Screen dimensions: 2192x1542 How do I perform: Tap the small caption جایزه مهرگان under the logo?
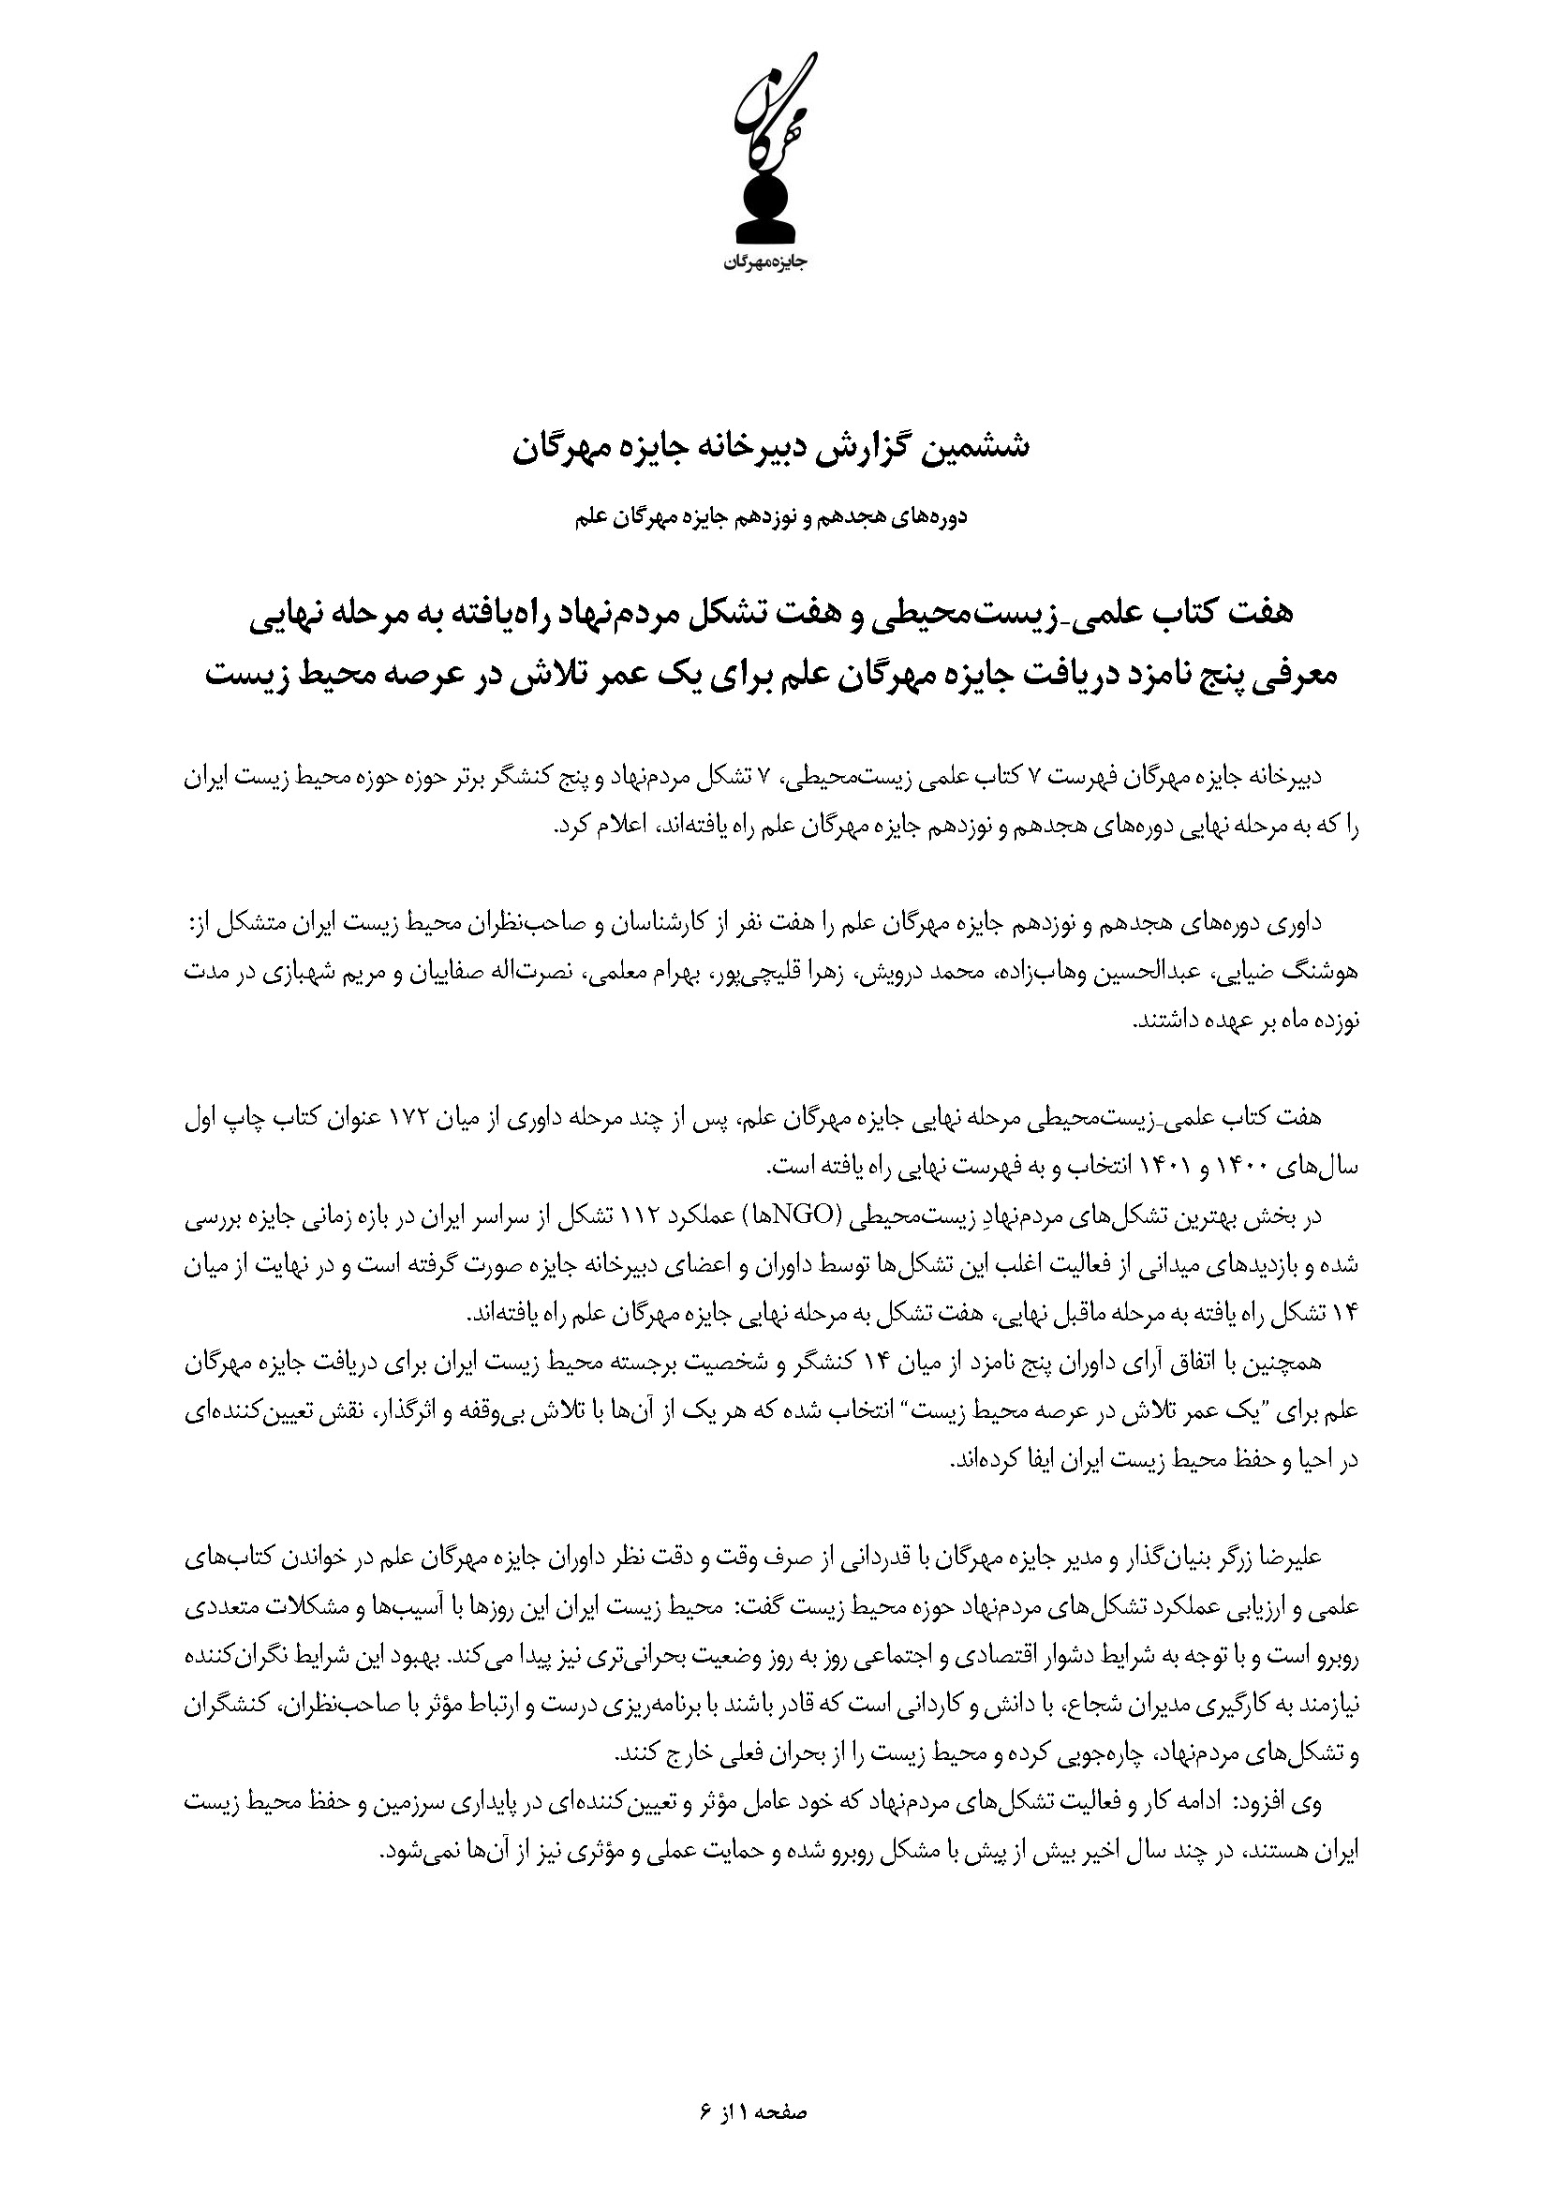click(771, 263)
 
